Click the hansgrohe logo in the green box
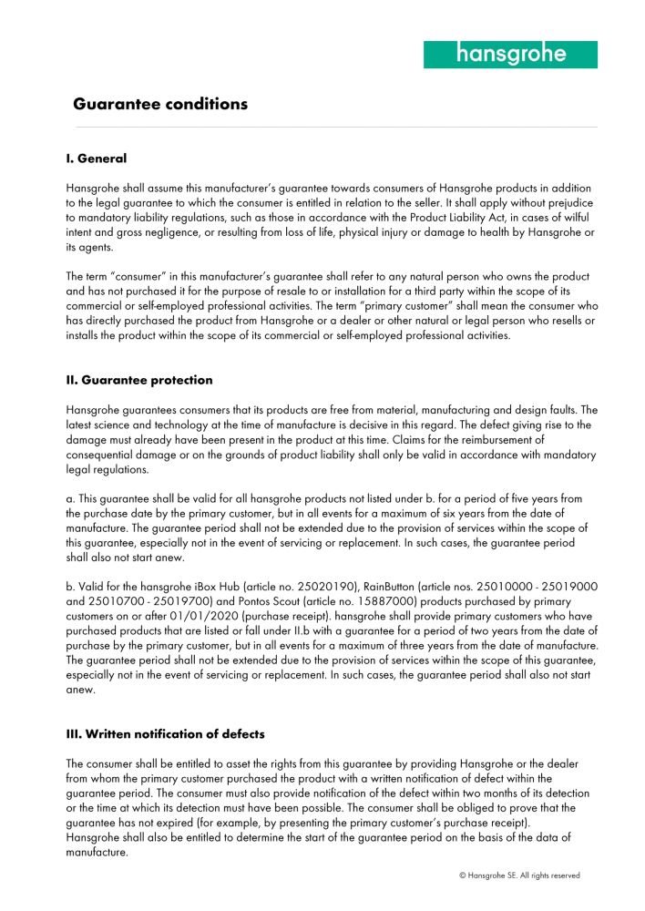(510, 54)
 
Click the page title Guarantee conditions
(160, 104)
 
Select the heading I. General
(97, 159)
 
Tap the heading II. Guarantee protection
(139, 381)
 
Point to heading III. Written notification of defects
(166, 734)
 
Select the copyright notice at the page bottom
(519, 875)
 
